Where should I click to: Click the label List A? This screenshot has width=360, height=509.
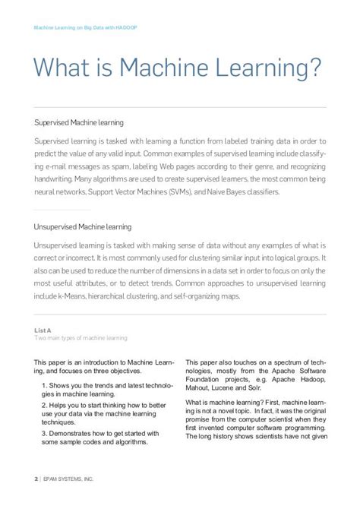pos(43,330)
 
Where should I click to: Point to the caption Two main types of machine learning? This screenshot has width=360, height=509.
pos(81,338)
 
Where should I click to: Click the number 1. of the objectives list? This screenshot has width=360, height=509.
pos(45,386)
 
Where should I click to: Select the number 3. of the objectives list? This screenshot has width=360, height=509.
pos(45,433)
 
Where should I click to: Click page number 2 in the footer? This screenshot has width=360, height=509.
pos(36,480)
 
